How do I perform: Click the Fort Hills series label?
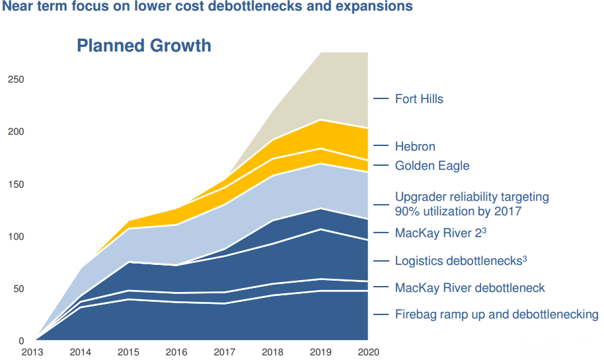click(x=419, y=99)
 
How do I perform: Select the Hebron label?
click(x=415, y=147)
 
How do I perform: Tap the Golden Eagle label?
click(x=432, y=166)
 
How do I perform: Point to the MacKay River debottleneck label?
click(x=470, y=288)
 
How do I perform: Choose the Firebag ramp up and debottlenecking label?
click(x=496, y=314)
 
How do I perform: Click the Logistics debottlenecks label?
click(x=461, y=261)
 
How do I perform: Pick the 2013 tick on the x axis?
click(x=32, y=352)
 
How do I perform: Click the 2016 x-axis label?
click(x=176, y=352)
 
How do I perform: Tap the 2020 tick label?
click(x=368, y=352)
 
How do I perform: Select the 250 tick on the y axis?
click(x=15, y=79)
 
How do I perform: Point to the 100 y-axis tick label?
click(x=15, y=236)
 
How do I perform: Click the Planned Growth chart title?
click(x=144, y=46)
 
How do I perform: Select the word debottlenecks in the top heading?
click(x=255, y=7)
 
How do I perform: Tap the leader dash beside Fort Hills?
click(x=381, y=99)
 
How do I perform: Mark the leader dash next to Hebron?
click(x=381, y=147)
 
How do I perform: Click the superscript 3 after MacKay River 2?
click(x=484, y=230)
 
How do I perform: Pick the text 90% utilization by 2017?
click(x=458, y=211)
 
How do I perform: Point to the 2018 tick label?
click(x=272, y=352)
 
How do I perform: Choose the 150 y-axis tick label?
click(x=15, y=184)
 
